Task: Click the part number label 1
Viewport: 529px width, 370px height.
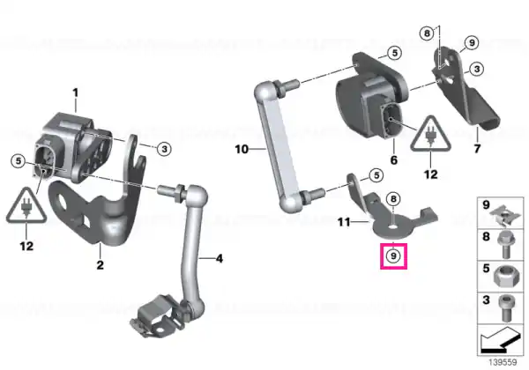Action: coord(76,92)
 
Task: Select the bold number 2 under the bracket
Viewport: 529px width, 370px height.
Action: coord(100,265)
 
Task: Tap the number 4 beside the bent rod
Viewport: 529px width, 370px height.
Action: coord(220,259)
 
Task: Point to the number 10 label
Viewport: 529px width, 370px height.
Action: coord(242,149)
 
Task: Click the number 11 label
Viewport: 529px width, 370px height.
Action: coord(344,222)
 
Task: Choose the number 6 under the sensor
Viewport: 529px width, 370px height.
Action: coord(394,160)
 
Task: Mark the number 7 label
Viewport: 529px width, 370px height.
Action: coord(477,149)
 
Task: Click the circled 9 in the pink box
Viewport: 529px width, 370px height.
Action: coord(393,255)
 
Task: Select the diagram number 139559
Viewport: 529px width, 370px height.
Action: coord(503,362)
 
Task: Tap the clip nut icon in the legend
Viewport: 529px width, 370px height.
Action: coord(503,214)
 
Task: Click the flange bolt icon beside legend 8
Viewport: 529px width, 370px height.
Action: coord(504,245)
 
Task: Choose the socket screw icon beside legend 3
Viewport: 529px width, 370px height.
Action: coord(505,308)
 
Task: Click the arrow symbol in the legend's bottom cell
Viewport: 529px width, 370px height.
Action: coord(500,340)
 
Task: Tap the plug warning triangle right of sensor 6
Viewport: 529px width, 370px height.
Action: coord(430,133)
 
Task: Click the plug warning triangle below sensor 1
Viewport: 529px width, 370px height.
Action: coord(26,205)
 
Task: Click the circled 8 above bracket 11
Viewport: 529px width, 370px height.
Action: coord(393,199)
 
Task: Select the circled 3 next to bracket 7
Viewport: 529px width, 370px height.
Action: coord(476,69)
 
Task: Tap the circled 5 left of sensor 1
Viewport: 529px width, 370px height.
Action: coord(18,160)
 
